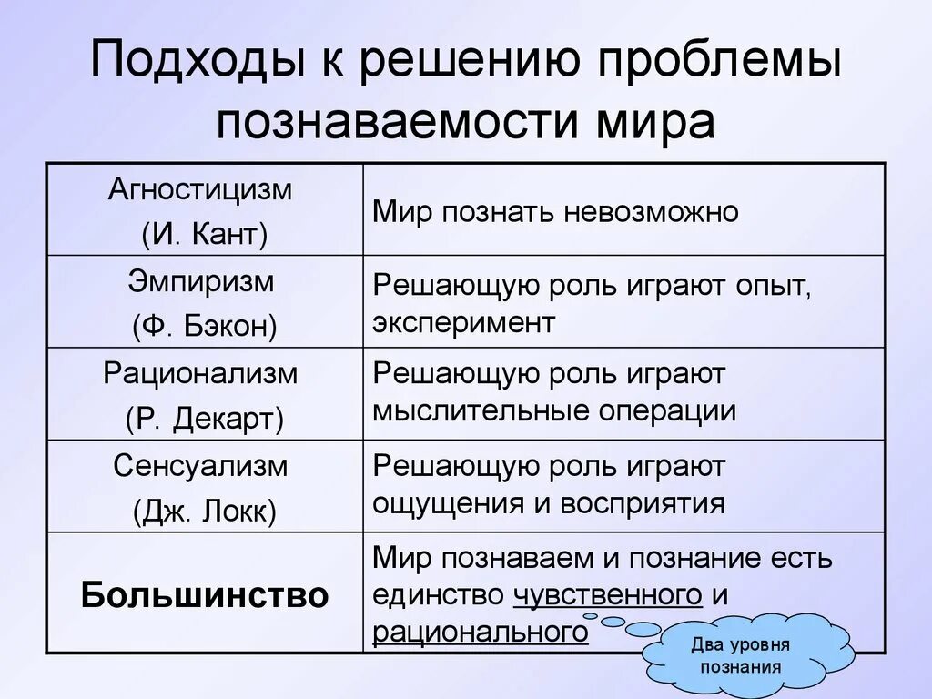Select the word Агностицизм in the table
[201, 190]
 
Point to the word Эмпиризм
[201, 281]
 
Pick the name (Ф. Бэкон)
[204, 326]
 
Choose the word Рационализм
[201, 373]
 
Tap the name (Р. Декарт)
[204, 419]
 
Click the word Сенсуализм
[201, 466]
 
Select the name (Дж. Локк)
[204, 511]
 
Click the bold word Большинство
[204, 595]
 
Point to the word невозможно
[650, 212]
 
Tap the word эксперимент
[463, 323]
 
